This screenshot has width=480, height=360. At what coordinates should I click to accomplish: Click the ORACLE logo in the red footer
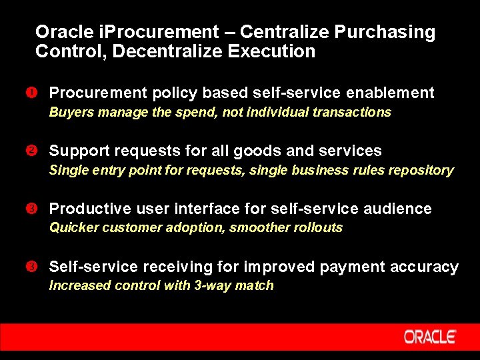click(x=429, y=337)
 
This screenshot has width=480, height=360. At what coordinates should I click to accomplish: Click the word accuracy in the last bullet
click(x=425, y=267)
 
